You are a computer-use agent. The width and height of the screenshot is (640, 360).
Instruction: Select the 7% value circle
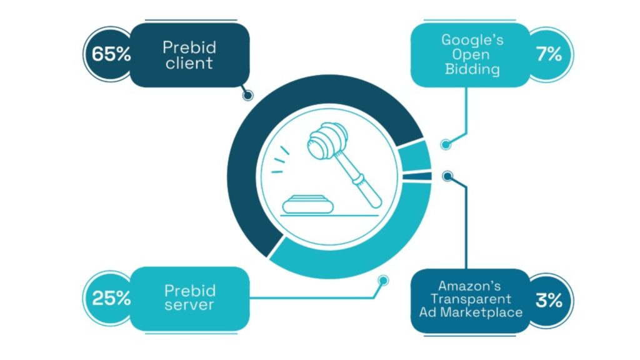point(549,54)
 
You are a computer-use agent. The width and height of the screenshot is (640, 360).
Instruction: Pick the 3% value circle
point(549,301)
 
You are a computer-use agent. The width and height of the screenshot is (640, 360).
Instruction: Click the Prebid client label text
point(188,55)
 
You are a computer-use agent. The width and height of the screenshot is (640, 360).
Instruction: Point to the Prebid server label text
point(189,298)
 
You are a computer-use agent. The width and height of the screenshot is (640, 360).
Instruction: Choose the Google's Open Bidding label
point(472,55)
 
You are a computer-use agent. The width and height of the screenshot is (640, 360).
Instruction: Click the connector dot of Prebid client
point(247,96)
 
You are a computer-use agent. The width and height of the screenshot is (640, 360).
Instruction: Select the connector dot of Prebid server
point(383,281)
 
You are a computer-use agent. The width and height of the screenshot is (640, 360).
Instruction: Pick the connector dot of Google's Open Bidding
point(445,144)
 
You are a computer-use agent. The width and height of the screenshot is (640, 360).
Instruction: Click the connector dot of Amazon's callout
point(447,176)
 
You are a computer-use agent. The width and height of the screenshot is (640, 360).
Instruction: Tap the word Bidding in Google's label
point(472,70)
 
